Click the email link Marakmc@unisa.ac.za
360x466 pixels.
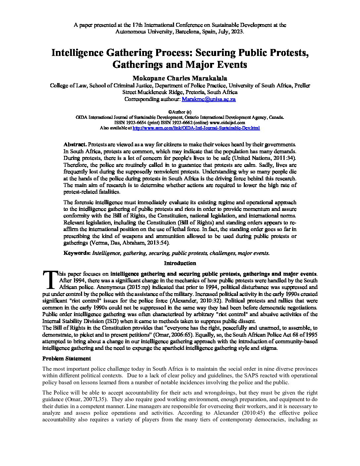tap(209, 99)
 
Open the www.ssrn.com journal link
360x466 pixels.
tap(196, 128)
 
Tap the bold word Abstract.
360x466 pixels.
tap(75, 144)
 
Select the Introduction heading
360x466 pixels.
tap(180, 263)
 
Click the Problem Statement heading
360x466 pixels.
tap(67, 358)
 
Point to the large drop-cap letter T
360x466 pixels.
tap(50, 280)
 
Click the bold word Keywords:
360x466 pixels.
tap(77, 253)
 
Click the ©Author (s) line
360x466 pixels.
tap(180, 112)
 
